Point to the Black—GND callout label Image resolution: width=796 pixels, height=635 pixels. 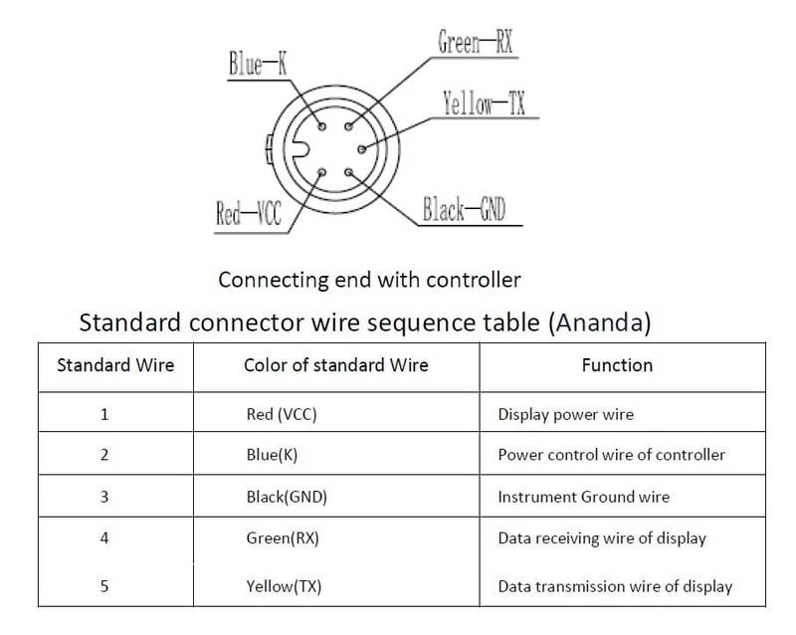coord(465,210)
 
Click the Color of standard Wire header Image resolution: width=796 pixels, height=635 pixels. coord(335,365)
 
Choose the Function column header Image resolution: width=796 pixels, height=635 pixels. coord(617,365)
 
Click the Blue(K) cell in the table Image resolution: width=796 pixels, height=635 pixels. coord(271,455)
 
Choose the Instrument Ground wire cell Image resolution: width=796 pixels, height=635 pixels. coord(582,497)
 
